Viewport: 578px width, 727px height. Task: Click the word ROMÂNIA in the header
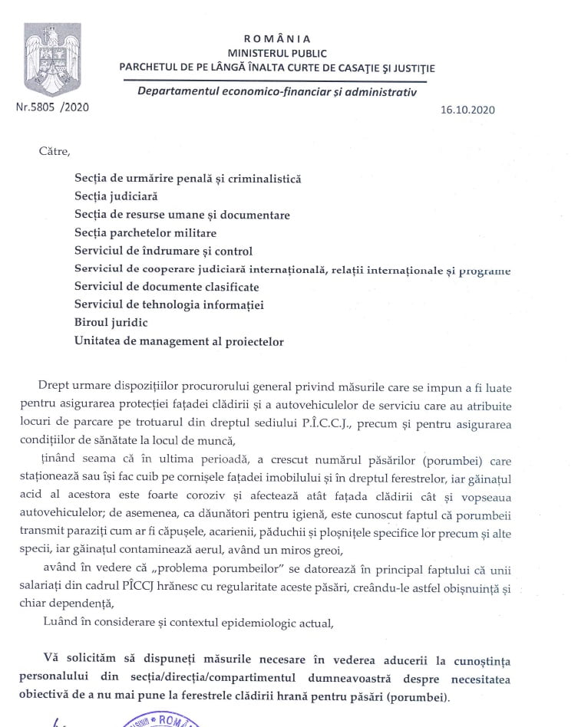pos(277,38)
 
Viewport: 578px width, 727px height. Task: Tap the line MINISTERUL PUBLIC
pos(277,53)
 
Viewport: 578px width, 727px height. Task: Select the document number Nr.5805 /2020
pos(52,107)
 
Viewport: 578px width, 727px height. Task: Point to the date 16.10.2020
pos(467,109)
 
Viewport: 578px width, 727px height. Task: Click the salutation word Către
pos(54,150)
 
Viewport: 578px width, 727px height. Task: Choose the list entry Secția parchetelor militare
pos(145,232)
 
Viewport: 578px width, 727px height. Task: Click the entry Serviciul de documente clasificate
pos(167,287)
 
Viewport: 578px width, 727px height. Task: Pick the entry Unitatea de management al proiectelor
pos(179,341)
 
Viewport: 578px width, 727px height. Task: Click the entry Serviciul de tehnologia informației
pos(169,305)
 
